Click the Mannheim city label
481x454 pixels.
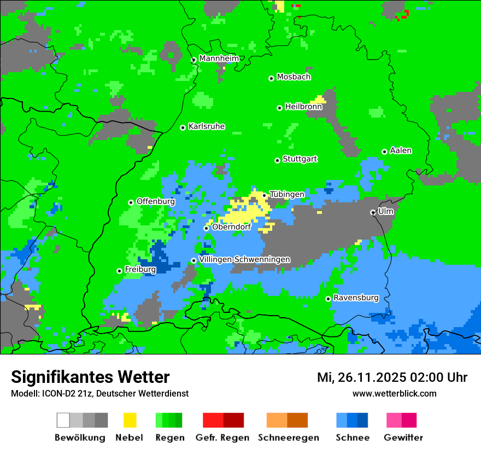[219, 59]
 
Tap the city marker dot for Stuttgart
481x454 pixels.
[277, 160]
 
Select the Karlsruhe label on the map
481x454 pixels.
[207, 126]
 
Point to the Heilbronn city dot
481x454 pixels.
[279, 108]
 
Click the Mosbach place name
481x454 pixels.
[294, 77]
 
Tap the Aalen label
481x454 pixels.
[401, 150]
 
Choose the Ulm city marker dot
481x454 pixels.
[373, 212]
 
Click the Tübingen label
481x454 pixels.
[287, 194]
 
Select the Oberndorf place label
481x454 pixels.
[231, 227]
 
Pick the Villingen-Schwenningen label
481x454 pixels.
[245, 259]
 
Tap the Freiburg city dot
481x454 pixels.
[119, 271]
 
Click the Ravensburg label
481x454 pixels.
[356, 298]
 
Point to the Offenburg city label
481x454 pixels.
[156, 201]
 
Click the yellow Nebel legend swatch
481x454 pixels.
[130, 420]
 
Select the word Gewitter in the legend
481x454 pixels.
[403, 438]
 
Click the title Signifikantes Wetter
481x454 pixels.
[90, 377]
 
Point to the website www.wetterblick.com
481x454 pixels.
[395, 393]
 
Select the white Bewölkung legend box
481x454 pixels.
[63, 420]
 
